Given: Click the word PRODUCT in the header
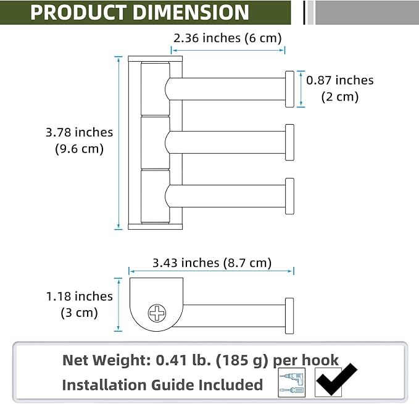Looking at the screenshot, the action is pyautogui.click(x=78, y=12).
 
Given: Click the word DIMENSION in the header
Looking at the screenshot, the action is pyautogui.click(x=191, y=12).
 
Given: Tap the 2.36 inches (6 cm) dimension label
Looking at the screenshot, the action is pyautogui.click(x=228, y=38).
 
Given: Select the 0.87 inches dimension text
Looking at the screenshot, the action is pyautogui.click(x=339, y=80).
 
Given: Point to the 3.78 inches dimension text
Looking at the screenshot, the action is pyautogui.click(x=80, y=132).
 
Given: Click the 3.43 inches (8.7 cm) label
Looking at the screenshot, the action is pyautogui.click(x=212, y=263).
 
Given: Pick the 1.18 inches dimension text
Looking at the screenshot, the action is pyautogui.click(x=80, y=297).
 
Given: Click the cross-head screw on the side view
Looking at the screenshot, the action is pyautogui.click(x=157, y=313).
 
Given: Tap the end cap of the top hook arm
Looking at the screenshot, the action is pyautogui.click(x=289, y=89).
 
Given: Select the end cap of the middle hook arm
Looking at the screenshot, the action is pyautogui.click(x=289, y=142).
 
